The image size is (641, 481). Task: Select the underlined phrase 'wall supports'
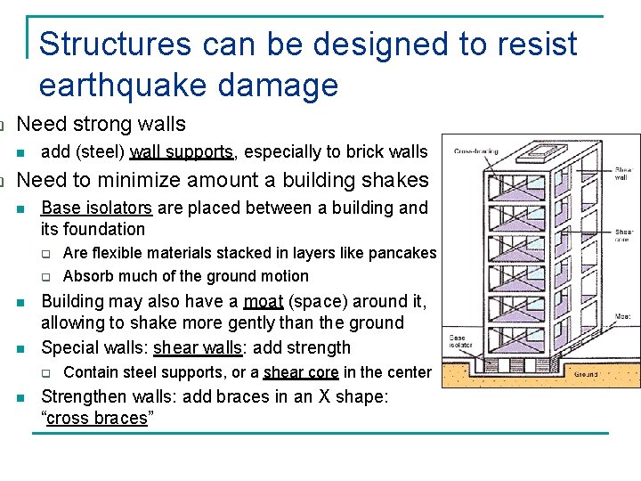coord(183,152)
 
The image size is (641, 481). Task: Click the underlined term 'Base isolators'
coord(96,208)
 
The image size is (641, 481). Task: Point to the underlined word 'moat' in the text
coord(263,301)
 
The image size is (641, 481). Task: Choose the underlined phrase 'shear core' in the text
coord(302,372)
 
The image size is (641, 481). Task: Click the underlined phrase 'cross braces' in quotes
coord(96,419)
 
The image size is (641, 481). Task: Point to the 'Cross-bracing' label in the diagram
coord(476,152)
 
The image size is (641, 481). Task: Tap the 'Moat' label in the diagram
coord(623,316)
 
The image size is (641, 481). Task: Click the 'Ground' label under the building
coord(587,374)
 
